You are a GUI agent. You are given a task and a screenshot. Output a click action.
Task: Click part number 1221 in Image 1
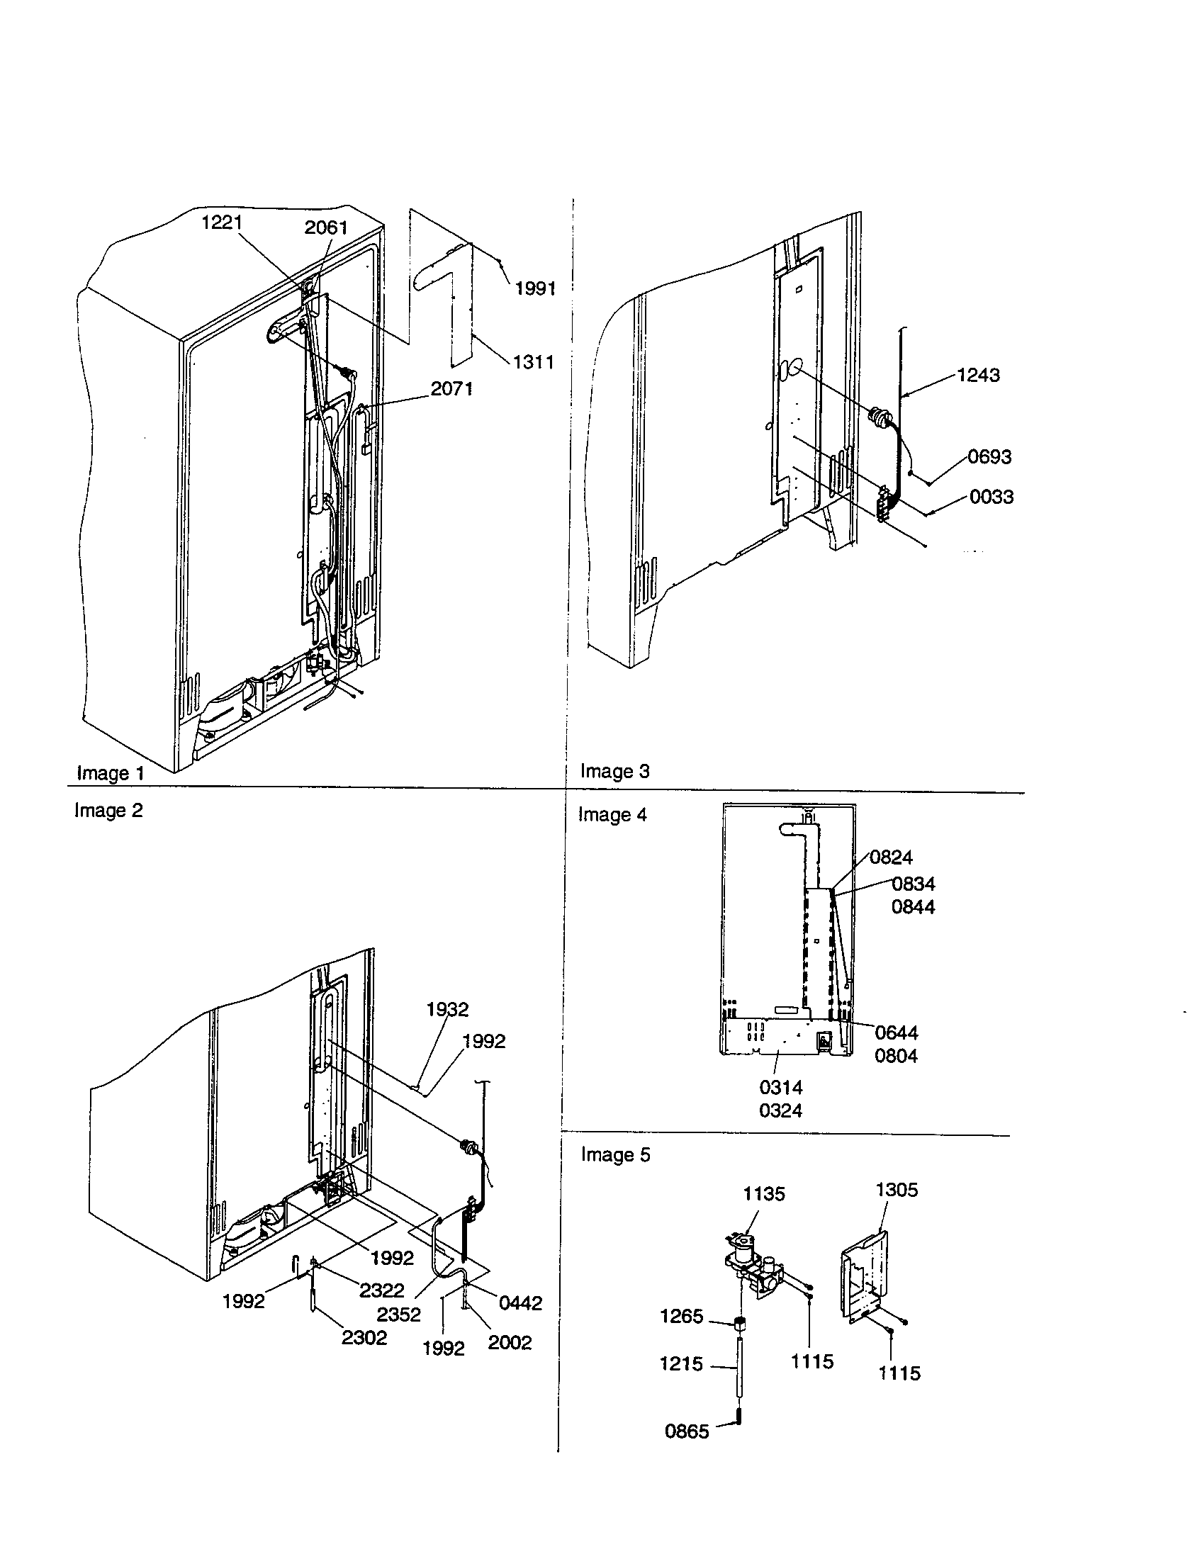pos(222,223)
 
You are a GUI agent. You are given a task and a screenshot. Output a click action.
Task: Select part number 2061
pos(326,227)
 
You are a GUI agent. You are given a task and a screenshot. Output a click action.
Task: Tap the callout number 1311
pos(534,362)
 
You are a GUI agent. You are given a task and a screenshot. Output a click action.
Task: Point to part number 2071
pos(451,388)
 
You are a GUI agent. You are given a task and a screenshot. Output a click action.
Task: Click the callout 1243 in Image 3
pos(978,375)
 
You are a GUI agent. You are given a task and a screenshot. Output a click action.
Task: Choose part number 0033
pos(992,497)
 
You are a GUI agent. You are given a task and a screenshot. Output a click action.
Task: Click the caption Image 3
pos(614,771)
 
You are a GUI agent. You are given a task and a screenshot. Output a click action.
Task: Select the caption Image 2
pos(108,810)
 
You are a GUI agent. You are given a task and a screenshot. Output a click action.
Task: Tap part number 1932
pos(447,1009)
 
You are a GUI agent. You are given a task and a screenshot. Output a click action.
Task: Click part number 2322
pos(381,1290)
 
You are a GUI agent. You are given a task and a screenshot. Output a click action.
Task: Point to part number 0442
pos(520,1302)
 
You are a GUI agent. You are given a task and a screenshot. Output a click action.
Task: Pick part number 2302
pos(364,1338)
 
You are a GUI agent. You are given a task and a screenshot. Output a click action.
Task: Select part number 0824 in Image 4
pos(891,857)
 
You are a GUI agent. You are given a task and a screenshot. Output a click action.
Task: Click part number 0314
pos(781,1087)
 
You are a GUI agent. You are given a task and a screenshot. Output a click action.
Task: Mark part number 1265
pos(682,1317)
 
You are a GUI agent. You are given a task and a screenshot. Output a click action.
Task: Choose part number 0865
pos(687,1431)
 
